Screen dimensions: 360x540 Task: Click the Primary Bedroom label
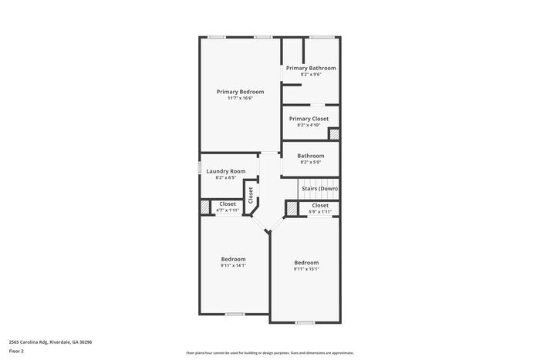point(240,92)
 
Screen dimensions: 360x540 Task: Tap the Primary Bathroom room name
point(311,68)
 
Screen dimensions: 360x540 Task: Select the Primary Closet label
point(309,119)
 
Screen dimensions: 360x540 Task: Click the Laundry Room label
point(226,171)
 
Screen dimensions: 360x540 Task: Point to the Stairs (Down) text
point(319,189)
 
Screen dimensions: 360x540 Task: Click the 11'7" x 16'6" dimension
point(240,99)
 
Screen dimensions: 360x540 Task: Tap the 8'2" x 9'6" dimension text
point(311,75)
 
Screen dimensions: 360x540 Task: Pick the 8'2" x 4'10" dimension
point(309,125)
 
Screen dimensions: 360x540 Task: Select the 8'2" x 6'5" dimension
point(226,178)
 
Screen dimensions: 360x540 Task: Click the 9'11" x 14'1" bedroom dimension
point(233,265)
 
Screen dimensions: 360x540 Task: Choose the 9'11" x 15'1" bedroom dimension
point(306,269)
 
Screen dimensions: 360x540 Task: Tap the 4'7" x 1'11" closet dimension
point(228,210)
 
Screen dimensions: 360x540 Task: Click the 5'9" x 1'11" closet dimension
point(320,211)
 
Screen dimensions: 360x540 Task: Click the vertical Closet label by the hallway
point(250,194)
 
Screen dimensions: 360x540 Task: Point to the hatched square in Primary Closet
point(334,134)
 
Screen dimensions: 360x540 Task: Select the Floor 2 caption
point(16,351)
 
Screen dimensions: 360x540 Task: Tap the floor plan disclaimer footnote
point(270,352)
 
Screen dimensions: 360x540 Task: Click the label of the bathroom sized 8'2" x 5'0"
point(310,156)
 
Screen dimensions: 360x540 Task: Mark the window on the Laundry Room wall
point(201,168)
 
